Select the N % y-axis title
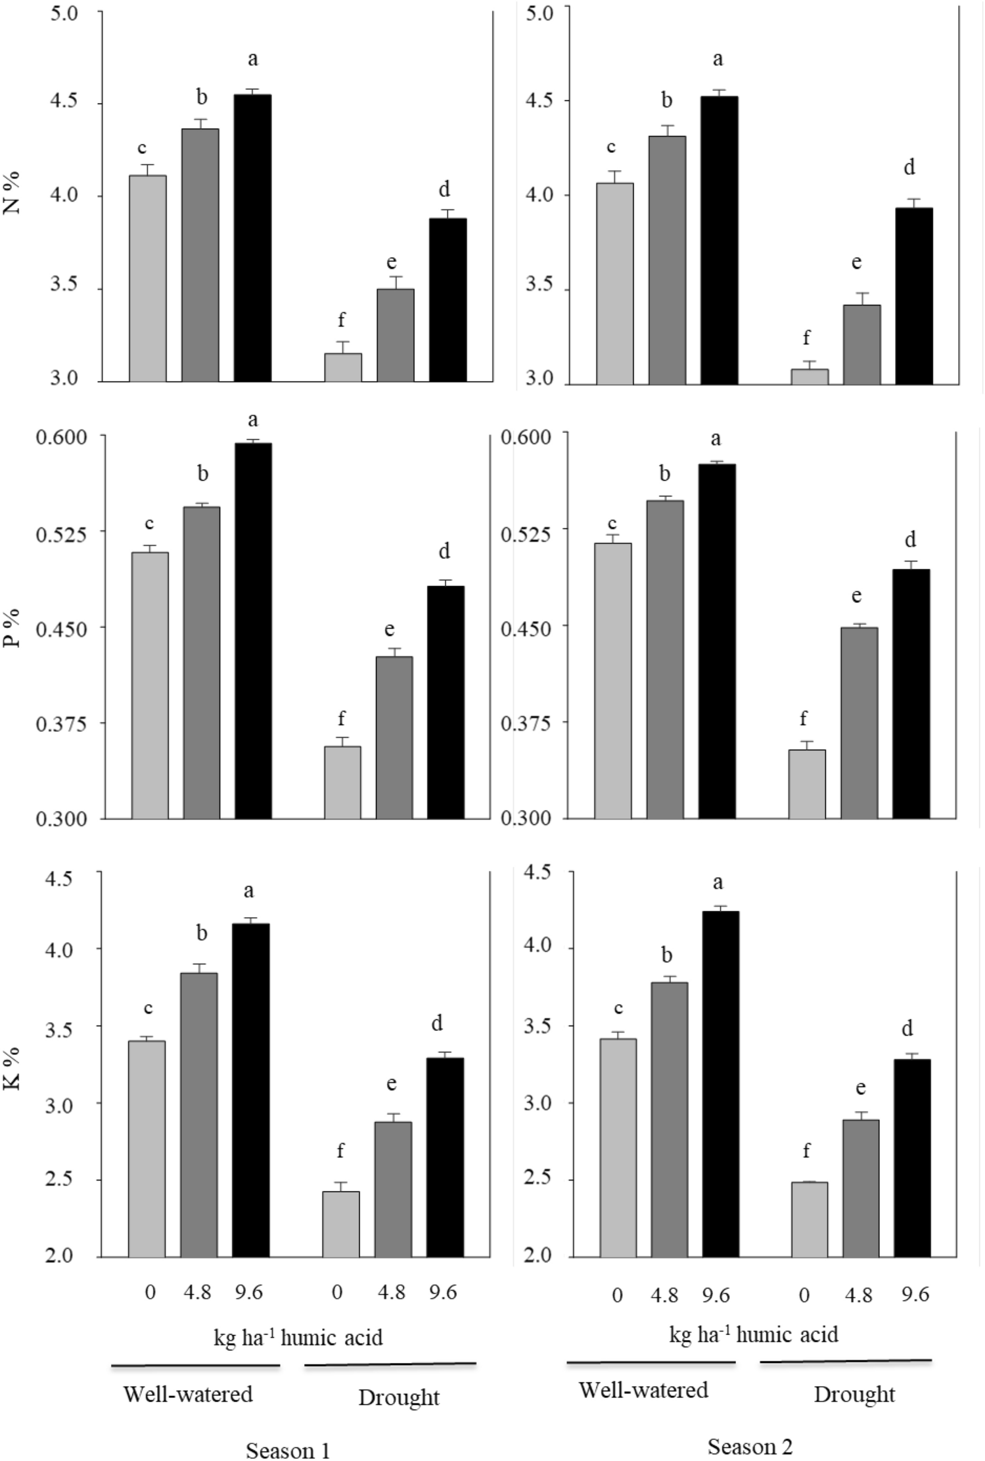point(12,193)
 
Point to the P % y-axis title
point(12,627)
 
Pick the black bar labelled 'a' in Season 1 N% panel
point(253,238)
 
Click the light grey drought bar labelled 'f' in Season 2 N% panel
point(809,376)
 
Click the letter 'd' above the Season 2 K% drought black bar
point(907,1029)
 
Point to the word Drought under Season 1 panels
point(398,1397)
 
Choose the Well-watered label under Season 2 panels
point(643,1391)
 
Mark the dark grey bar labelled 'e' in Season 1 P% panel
point(394,737)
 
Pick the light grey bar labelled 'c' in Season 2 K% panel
point(618,1147)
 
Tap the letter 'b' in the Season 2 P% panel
point(665,474)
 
